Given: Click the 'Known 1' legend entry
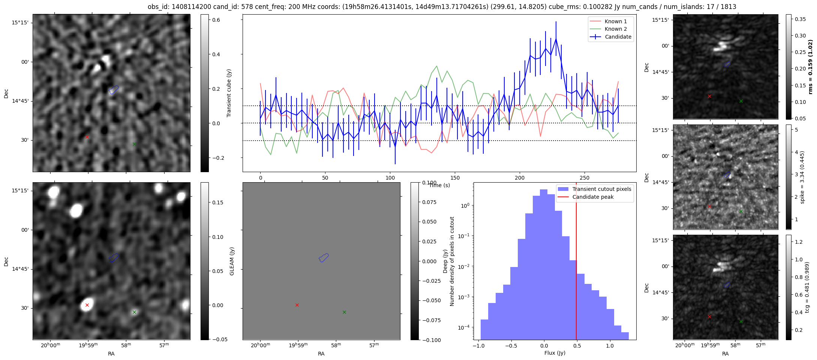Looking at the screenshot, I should click(x=615, y=21).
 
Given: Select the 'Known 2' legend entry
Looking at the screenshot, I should click(x=615, y=29).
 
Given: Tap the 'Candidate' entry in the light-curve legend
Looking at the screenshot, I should click(x=618, y=37).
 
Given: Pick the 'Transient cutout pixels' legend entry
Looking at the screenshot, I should click(x=601, y=189).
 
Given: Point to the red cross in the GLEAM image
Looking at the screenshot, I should click(x=87, y=305).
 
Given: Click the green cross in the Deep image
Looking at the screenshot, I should click(x=344, y=312).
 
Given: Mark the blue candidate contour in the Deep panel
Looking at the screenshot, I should click(x=324, y=257).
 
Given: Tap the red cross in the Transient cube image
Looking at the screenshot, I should click(x=87, y=137).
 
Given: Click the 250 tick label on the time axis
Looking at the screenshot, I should click(x=584, y=178).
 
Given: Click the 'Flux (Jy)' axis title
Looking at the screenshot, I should click(x=555, y=353).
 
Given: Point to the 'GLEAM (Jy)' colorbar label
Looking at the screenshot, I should click(x=232, y=261).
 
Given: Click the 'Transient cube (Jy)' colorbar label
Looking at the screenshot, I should click(x=229, y=93).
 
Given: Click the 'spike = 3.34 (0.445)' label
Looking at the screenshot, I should click(x=802, y=177).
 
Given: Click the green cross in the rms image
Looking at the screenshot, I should click(x=741, y=101).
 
